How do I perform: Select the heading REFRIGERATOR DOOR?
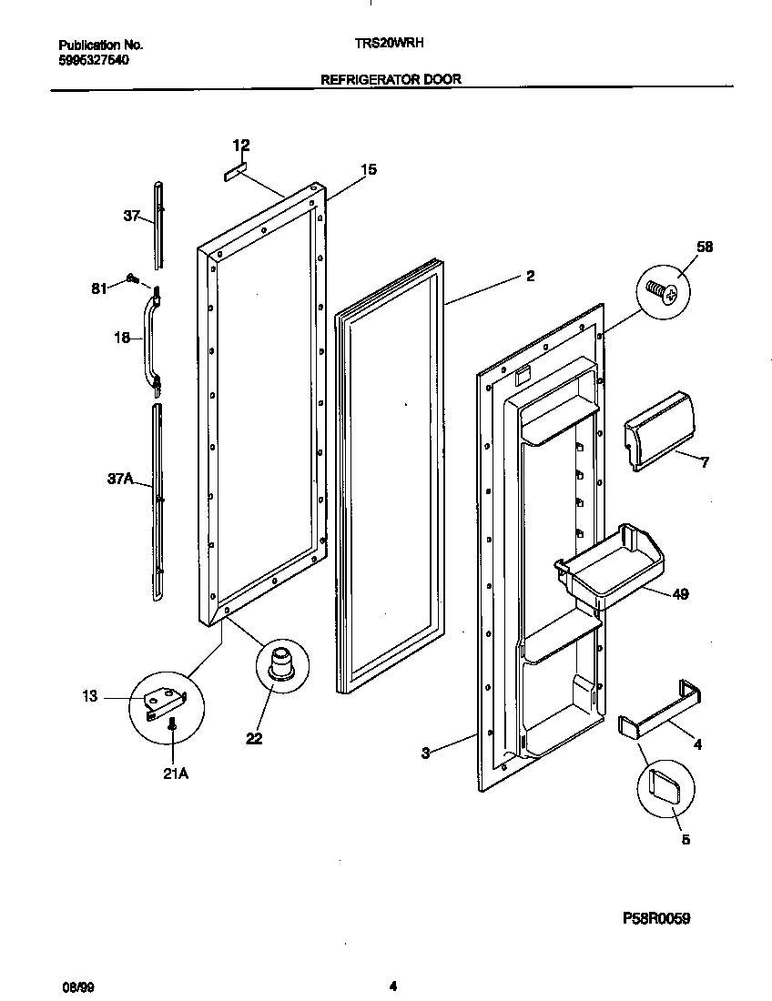click(x=391, y=79)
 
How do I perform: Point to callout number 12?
click(x=240, y=146)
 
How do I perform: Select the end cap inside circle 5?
click(x=668, y=785)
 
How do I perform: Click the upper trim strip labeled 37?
click(x=158, y=224)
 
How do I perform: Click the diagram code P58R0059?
click(x=655, y=918)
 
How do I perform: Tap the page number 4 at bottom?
click(x=392, y=986)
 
